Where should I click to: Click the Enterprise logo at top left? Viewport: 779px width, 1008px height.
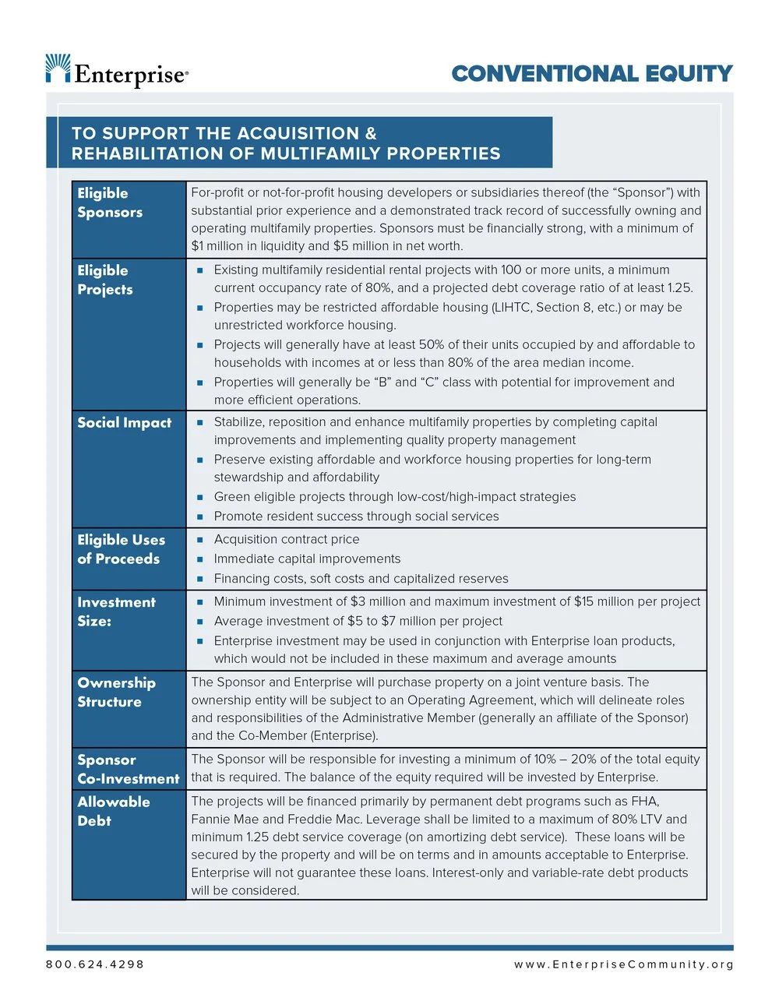click(x=117, y=72)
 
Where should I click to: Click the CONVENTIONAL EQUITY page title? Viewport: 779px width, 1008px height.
click(x=592, y=74)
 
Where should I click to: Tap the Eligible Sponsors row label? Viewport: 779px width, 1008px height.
click(x=110, y=203)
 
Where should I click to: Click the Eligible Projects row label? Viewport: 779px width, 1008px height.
click(x=105, y=280)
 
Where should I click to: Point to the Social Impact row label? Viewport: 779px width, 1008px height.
click(x=124, y=423)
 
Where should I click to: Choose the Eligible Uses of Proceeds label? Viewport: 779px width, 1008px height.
click(x=121, y=549)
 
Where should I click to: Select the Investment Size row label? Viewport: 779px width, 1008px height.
click(x=116, y=611)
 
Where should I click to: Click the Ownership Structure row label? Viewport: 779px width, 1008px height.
click(x=116, y=692)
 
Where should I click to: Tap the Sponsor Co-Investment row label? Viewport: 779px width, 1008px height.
click(x=128, y=769)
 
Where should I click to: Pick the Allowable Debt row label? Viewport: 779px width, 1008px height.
click(x=113, y=811)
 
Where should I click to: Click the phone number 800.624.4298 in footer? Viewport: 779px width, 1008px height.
click(x=95, y=964)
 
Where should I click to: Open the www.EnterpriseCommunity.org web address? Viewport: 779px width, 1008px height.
click(x=623, y=964)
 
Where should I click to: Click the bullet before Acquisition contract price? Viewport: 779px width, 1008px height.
click(x=199, y=540)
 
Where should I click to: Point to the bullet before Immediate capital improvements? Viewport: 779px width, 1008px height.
click(x=199, y=559)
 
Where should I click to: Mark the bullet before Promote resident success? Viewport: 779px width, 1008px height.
click(x=199, y=516)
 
